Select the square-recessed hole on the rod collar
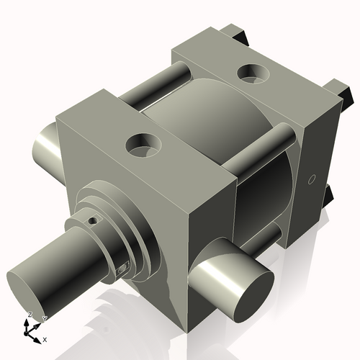(x=122, y=270)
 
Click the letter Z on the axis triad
(x=30, y=315)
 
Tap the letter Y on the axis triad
(x=44, y=318)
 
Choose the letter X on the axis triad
(x=45, y=338)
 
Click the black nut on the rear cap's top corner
(x=237, y=33)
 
